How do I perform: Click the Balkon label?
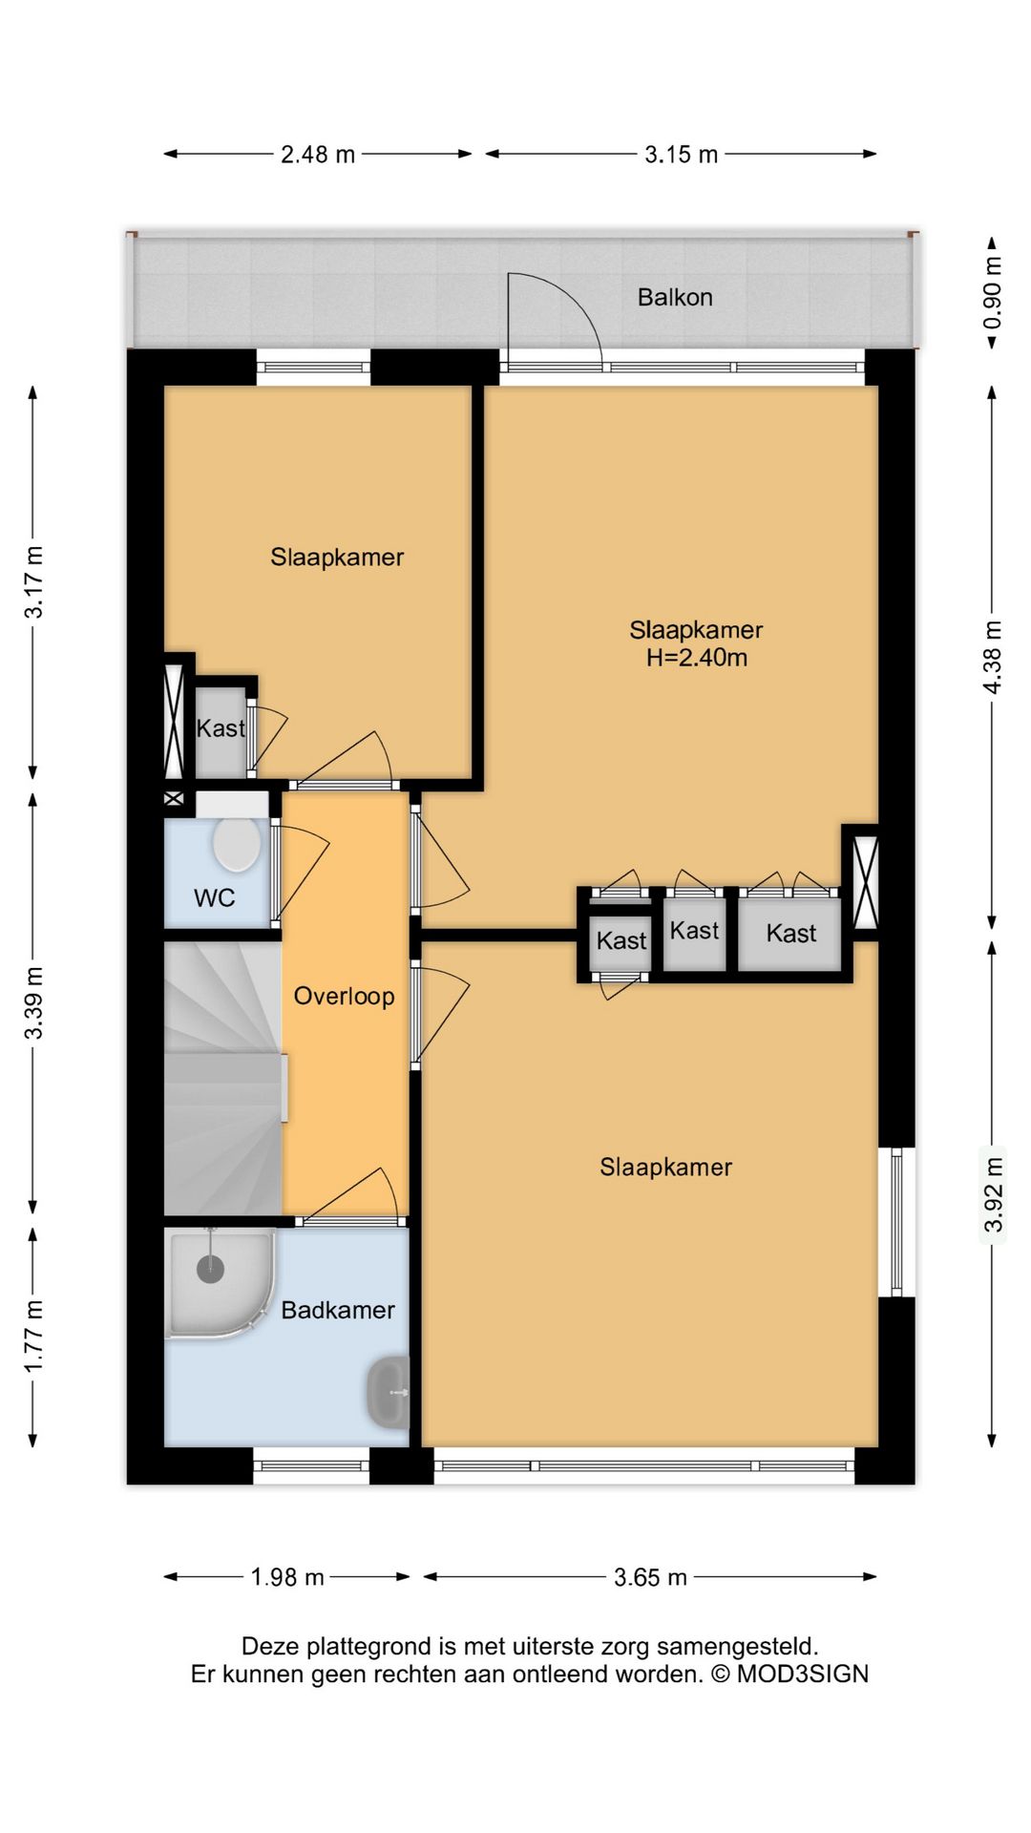pyautogui.click(x=675, y=297)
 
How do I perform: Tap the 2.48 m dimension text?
pyautogui.click(x=318, y=154)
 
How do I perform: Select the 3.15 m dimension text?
pyautogui.click(x=681, y=154)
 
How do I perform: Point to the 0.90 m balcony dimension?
pyautogui.click(x=993, y=292)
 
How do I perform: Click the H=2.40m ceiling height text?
pyautogui.click(x=697, y=657)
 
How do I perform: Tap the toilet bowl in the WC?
pyautogui.click(x=237, y=843)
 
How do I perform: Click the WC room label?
pyautogui.click(x=214, y=897)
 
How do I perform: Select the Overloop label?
pyautogui.click(x=344, y=996)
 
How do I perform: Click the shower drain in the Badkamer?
pyautogui.click(x=210, y=1269)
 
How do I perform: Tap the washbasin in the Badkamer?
pyautogui.click(x=389, y=1393)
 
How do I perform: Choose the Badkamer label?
pyautogui.click(x=338, y=1310)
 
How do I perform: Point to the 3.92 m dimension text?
pyautogui.click(x=993, y=1194)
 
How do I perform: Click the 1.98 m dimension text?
pyautogui.click(x=287, y=1577)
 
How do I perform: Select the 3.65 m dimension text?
pyautogui.click(x=650, y=1577)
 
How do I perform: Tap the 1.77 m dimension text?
pyautogui.click(x=33, y=1337)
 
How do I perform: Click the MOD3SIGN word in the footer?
pyautogui.click(x=802, y=1675)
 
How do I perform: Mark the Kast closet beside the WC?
pyautogui.click(x=221, y=728)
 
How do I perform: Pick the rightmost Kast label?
pyautogui.click(x=791, y=934)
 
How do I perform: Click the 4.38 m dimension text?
pyautogui.click(x=993, y=657)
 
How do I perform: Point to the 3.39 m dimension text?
pyautogui.click(x=33, y=1002)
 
